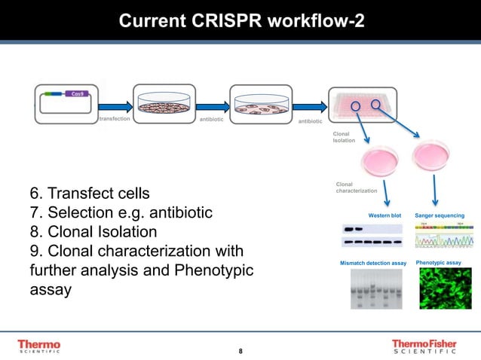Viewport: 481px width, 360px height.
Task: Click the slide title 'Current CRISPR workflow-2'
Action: click(x=240, y=20)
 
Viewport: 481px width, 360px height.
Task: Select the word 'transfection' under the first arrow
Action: click(x=114, y=119)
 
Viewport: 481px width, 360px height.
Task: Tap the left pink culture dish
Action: click(x=380, y=160)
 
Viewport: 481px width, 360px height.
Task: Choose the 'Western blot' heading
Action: click(x=384, y=215)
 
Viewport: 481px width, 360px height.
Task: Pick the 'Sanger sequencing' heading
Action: click(x=439, y=215)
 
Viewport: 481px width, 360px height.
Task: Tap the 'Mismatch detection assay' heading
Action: click(x=373, y=263)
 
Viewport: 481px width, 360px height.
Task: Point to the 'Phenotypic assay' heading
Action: click(x=439, y=263)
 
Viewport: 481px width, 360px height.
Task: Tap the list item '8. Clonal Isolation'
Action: click(x=93, y=231)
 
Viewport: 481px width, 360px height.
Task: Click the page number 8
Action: click(x=240, y=352)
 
